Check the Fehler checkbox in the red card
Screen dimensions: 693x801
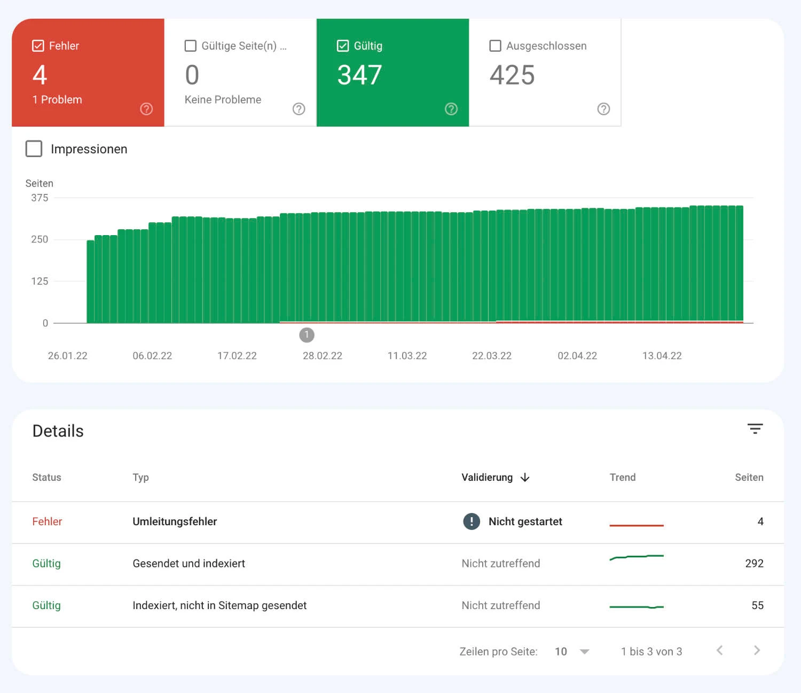pos(38,46)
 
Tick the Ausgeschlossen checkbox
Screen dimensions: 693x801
pos(495,46)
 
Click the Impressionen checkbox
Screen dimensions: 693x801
pos(34,149)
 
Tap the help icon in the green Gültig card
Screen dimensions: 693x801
pos(451,109)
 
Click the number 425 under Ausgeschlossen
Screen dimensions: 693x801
pos(512,75)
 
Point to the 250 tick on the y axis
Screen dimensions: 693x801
pos(40,239)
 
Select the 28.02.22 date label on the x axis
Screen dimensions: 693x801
pos(322,356)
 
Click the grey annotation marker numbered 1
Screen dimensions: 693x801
pos(307,335)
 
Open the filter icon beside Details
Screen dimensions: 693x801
pos(755,429)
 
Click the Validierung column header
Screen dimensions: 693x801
pos(487,478)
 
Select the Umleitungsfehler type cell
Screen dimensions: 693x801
pos(175,521)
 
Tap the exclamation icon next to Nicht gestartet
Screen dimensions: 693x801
pos(472,521)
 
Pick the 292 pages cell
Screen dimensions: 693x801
pos(754,563)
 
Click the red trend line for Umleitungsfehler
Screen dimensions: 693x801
pos(637,526)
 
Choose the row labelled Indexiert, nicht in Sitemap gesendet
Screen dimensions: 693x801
pos(219,605)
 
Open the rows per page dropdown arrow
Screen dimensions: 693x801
pos(585,652)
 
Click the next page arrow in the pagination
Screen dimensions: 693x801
pos(757,651)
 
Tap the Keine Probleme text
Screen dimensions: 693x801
pos(223,100)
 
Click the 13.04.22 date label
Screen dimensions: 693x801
pos(662,356)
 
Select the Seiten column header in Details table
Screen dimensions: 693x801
pos(749,478)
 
